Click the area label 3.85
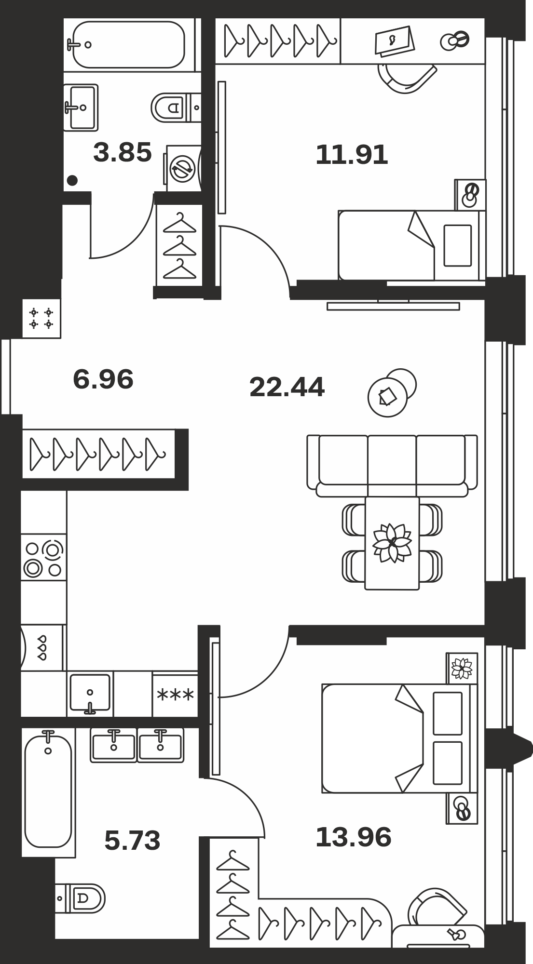coord(123,152)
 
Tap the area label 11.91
coord(352,155)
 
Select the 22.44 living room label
coord(287,387)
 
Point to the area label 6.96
coord(103,379)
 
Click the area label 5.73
coord(132,840)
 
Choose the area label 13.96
coord(354,837)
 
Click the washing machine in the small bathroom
coord(183,168)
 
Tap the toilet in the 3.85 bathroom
coord(176,107)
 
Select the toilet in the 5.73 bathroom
coord(80,898)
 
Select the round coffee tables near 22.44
coord(392,393)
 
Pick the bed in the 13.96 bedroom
coord(396,738)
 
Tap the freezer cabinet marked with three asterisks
coord(175,695)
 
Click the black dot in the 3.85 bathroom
coord(72,181)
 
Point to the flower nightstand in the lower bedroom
coord(462,669)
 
